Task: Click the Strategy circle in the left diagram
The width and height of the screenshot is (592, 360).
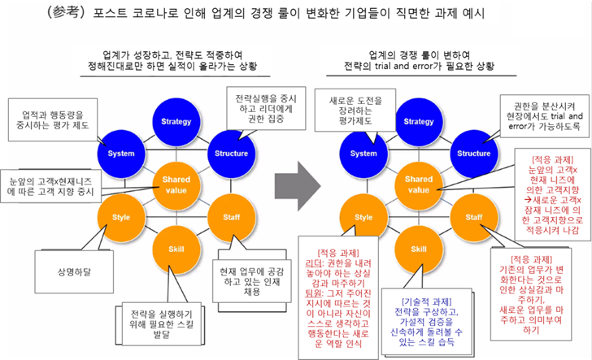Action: click(x=176, y=122)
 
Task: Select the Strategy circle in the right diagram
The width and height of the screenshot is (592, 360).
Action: click(x=418, y=122)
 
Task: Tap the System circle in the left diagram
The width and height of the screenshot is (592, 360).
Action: click(x=121, y=152)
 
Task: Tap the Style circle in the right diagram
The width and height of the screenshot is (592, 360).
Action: click(x=363, y=217)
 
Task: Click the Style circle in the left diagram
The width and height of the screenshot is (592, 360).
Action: click(x=121, y=217)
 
